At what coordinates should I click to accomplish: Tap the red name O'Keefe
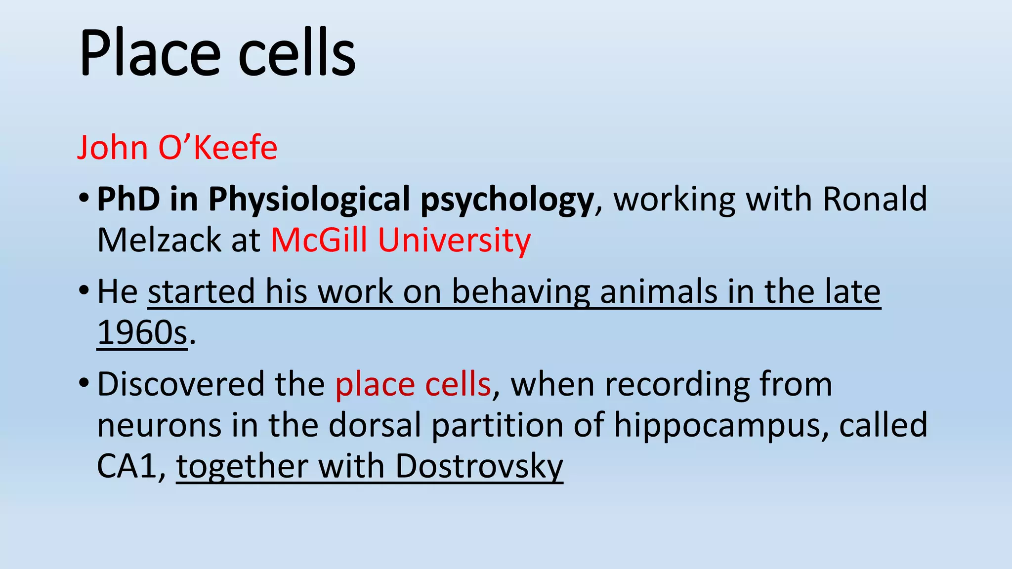click(217, 147)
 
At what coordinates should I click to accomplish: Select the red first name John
click(113, 147)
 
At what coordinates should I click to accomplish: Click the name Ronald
click(875, 199)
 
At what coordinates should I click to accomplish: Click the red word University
click(454, 240)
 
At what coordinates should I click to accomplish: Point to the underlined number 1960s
click(142, 332)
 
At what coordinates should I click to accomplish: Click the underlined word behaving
click(521, 291)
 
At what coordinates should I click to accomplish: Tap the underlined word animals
click(658, 291)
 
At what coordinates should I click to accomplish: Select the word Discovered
click(180, 384)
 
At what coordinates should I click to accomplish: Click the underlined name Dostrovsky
click(479, 466)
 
